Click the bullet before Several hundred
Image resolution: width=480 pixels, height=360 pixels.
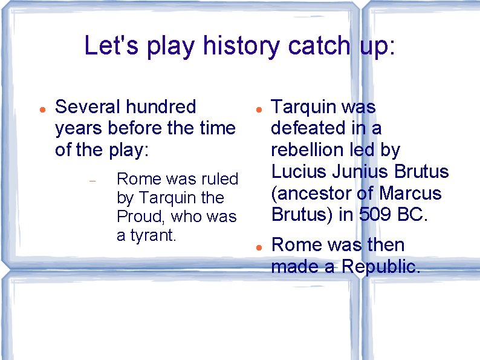(x=41, y=110)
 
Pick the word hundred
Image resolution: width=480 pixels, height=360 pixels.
(x=161, y=107)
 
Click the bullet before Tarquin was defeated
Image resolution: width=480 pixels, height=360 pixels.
(x=258, y=110)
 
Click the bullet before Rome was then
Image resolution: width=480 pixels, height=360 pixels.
(x=258, y=248)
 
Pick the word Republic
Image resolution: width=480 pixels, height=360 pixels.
(x=380, y=266)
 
